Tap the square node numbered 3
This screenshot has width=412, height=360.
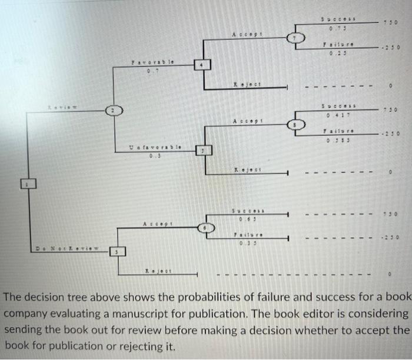pos(117,253)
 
